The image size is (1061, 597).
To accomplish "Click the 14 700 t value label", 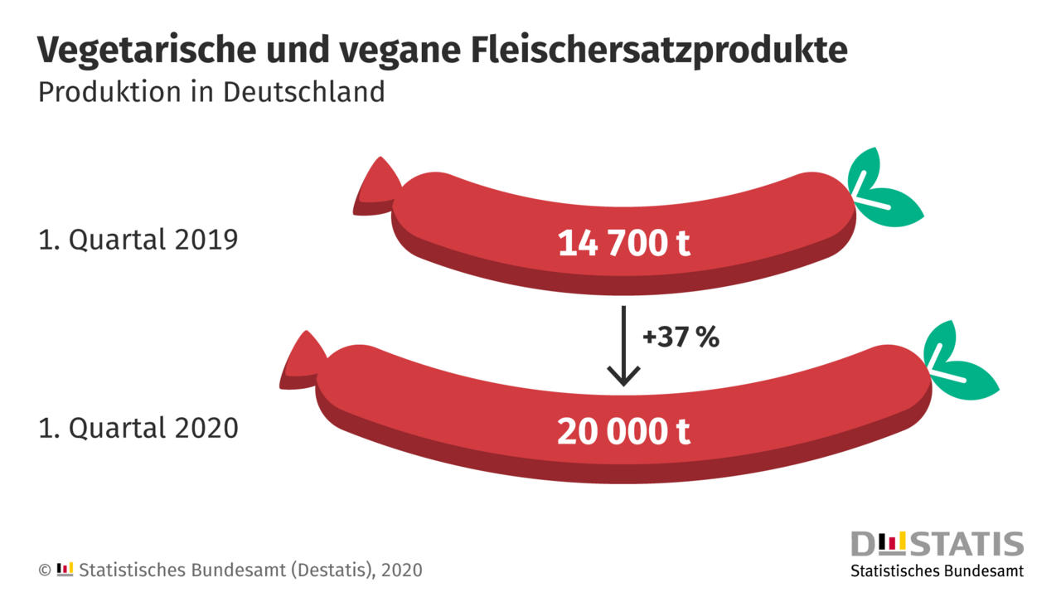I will coord(623,245).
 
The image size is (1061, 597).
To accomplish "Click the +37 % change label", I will coord(681,338).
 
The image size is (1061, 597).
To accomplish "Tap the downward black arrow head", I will coord(623,375).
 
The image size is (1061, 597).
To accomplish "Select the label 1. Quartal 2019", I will coord(138,240).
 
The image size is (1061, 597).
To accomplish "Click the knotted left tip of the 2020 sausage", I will coord(302,362).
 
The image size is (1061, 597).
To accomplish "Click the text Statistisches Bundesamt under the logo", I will coord(937,571).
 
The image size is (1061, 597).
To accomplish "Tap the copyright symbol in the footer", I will coord(45,570).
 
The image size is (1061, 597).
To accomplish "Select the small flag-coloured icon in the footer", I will coord(65,569).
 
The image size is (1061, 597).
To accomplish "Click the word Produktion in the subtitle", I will coord(98,91).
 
